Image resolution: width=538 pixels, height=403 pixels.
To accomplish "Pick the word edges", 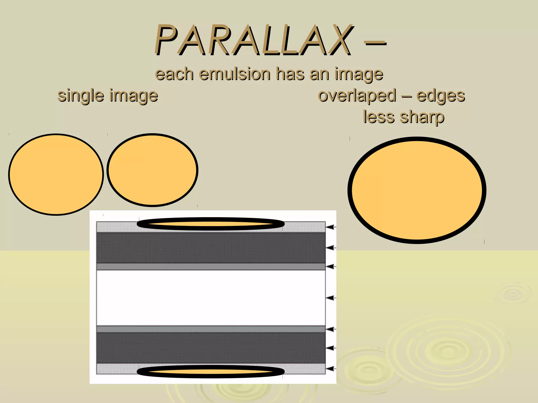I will pyautogui.click(x=441, y=96).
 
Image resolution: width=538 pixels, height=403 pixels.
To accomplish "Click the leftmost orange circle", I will pyautogui.click(x=56, y=174).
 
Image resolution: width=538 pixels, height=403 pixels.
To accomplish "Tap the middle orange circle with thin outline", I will pyautogui.click(x=152, y=170).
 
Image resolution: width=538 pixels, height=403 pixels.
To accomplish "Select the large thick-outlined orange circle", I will pyautogui.click(x=417, y=190).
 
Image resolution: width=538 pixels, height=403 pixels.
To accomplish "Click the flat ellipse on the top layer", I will pyautogui.click(x=211, y=224).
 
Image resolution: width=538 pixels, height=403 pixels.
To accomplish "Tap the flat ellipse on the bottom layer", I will pyautogui.click(x=211, y=372).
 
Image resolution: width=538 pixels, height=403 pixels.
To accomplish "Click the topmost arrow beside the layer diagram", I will pyautogui.click(x=331, y=227).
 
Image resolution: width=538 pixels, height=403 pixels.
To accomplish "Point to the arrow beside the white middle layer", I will pyautogui.click(x=331, y=298).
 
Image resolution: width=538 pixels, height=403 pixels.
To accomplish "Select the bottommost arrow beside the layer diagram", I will pyautogui.click(x=331, y=369).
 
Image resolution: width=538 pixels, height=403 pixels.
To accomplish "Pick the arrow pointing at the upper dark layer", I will pyautogui.click(x=331, y=247).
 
